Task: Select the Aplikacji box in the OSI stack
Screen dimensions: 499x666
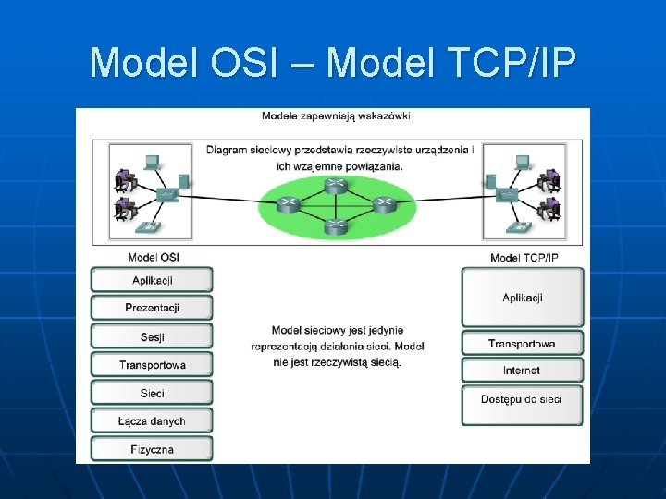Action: click(153, 280)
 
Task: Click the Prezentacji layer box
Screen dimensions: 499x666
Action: click(153, 308)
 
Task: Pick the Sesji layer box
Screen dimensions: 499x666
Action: click(153, 336)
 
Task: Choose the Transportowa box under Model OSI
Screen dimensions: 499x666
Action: click(153, 365)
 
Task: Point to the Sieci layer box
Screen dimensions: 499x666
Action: click(153, 393)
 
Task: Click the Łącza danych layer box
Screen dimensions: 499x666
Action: click(153, 421)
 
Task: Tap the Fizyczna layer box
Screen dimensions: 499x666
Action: click(153, 450)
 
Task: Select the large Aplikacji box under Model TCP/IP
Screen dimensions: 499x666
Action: click(523, 298)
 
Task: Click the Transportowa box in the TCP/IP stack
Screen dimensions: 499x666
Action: click(523, 344)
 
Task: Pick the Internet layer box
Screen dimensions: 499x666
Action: click(523, 371)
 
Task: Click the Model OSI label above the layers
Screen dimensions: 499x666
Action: click(154, 257)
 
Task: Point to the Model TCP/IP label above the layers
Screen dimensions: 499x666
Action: click(524, 258)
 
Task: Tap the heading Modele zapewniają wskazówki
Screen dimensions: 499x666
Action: click(336, 116)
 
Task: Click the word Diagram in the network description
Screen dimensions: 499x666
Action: click(227, 150)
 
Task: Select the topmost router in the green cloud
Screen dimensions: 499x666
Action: click(336, 185)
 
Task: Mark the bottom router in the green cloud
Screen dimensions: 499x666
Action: click(335, 225)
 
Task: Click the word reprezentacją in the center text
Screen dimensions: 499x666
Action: click(285, 347)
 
